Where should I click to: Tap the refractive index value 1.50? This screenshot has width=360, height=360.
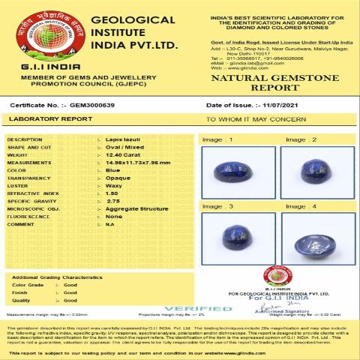pos(112,193)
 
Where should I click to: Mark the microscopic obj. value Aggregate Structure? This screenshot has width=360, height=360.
pos(133,208)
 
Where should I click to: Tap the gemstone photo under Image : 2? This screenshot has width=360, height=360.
pos(308,172)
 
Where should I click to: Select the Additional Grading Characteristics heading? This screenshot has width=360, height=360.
pos(58,277)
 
